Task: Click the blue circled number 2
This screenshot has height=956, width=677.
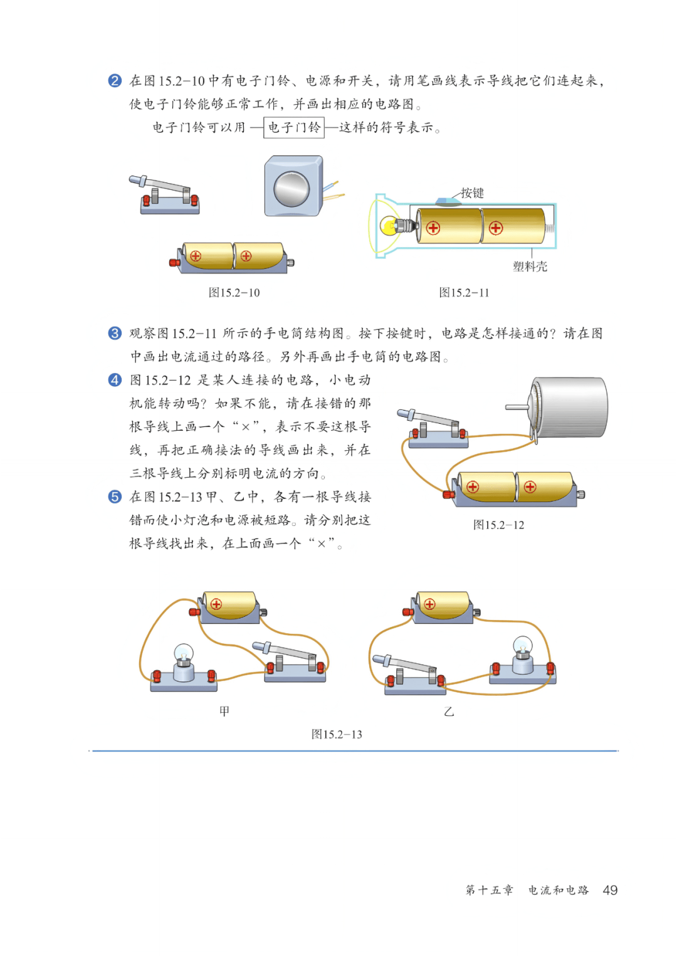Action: click(x=115, y=81)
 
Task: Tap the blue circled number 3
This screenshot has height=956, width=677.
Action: click(x=115, y=333)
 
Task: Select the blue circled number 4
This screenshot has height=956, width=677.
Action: click(x=115, y=379)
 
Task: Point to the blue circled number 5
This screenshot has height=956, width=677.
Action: click(x=115, y=496)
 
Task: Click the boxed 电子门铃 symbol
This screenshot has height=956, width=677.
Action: click(x=293, y=127)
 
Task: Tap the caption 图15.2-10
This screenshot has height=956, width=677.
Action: click(x=234, y=292)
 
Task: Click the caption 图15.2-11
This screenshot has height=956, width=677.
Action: click(x=464, y=292)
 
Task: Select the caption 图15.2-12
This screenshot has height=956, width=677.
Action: click(x=498, y=525)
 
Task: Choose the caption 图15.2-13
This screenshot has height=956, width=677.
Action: click(x=337, y=734)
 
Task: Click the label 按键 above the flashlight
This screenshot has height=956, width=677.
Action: click(x=472, y=193)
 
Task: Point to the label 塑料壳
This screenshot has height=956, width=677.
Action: click(x=530, y=267)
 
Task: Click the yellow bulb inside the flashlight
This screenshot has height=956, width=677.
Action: click(x=389, y=226)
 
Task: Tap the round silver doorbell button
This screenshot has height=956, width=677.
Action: click(x=291, y=189)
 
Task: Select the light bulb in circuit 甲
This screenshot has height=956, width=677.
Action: click(x=184, y=654)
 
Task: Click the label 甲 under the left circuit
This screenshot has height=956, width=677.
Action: click(x=224, y=711)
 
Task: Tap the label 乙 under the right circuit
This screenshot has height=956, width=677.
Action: click(x=449, y=712)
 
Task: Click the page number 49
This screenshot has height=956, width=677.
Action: click(x=610, y=890)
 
